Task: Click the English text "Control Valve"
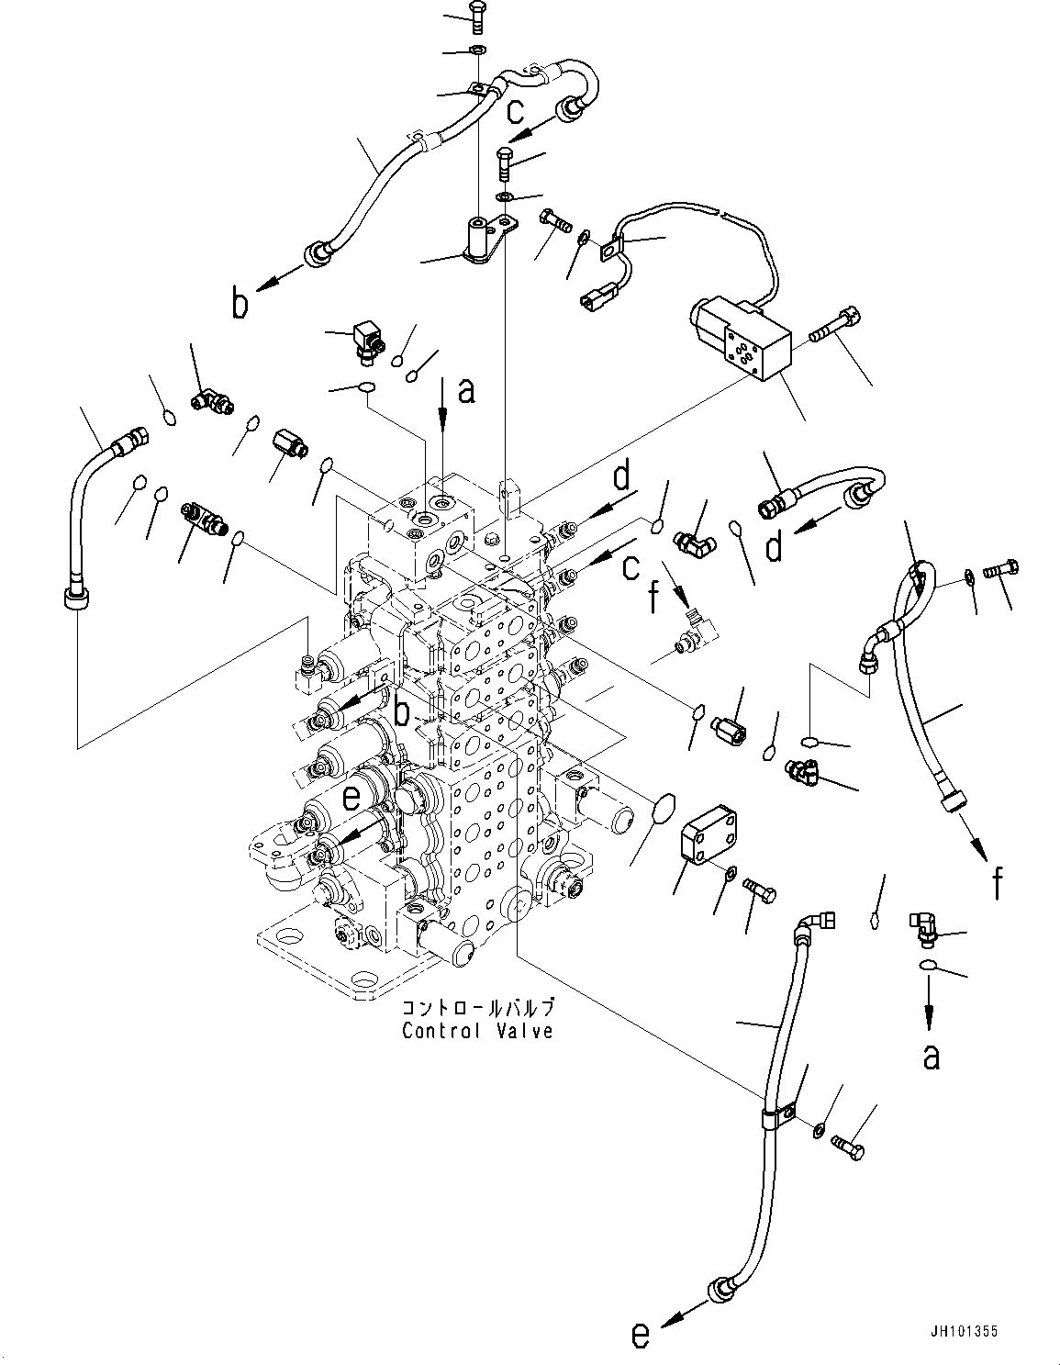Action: coord(477,1031)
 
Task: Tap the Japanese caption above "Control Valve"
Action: coord(477,1008)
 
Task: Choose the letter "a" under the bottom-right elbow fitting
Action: coord(931,1057)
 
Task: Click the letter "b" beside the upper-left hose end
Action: coord(240,304)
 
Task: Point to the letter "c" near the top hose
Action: coord(516,110)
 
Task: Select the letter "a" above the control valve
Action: coord(466,392)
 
